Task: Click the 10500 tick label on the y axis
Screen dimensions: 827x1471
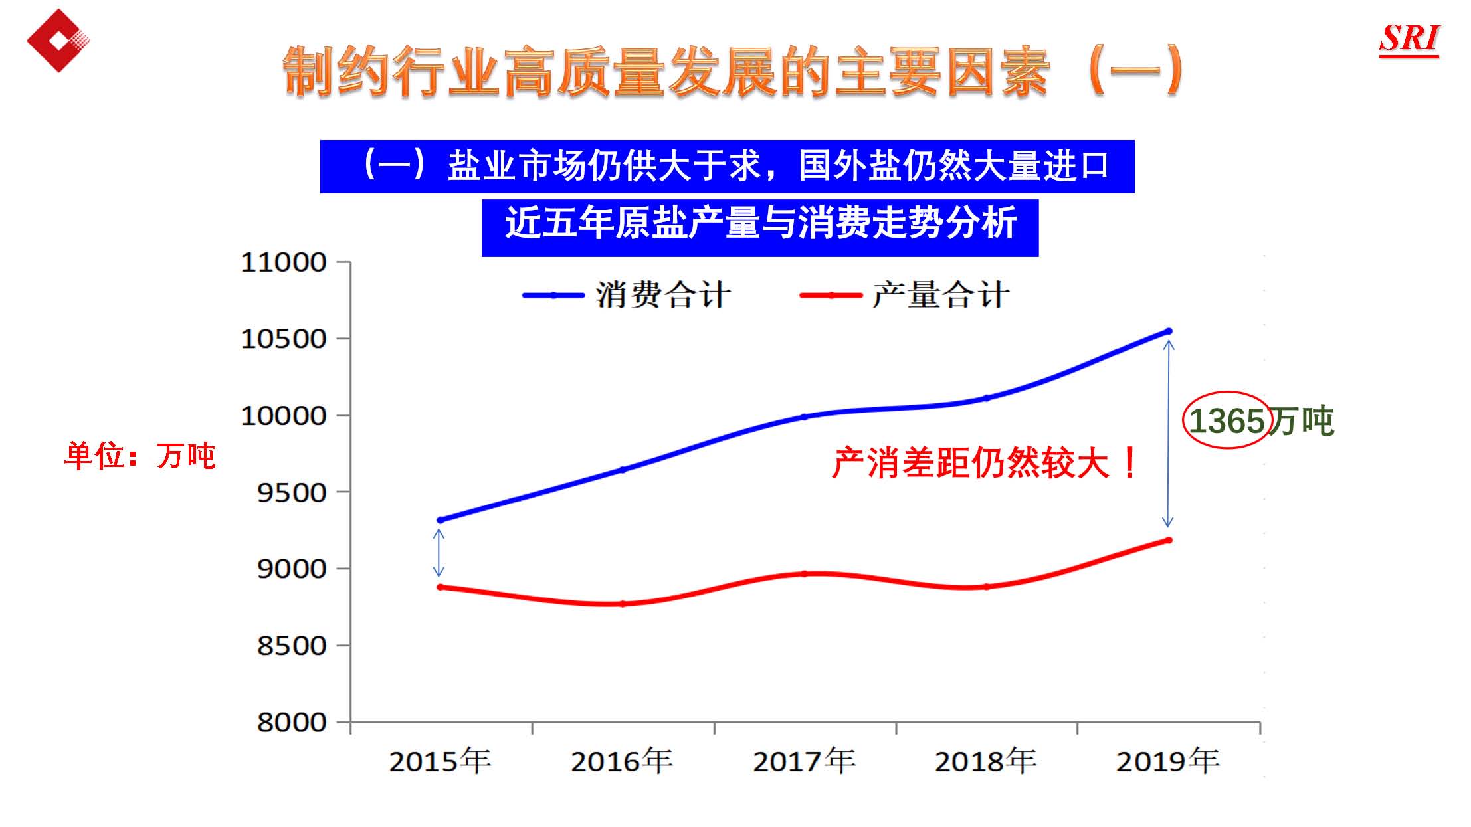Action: pos(284,339)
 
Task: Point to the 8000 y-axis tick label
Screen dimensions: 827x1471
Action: pos(292,723)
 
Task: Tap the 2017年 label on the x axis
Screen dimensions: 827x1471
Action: pos(804,761)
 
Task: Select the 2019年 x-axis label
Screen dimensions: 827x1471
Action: pos(1167,761)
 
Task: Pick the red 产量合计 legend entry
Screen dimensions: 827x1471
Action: pos(904,295)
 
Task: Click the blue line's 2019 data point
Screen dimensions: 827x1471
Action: pos(1169,331)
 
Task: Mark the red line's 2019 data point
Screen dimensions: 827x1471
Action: pos(1169,540)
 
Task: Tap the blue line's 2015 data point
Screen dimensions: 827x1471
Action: pos(440,520)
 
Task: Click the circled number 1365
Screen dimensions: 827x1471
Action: pos(1226,421)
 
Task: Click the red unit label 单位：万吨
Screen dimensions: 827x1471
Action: pos(140,456)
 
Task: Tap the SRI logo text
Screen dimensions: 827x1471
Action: pos(1409,39)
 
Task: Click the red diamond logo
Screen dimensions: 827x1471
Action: pos(58,41)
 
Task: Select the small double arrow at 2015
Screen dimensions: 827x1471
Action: pos(439,553)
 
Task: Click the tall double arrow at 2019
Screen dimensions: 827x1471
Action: pos(1168,434)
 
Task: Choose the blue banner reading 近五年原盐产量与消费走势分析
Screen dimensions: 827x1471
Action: pos(759,223)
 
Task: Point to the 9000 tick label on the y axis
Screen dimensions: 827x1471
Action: pos(292,569)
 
